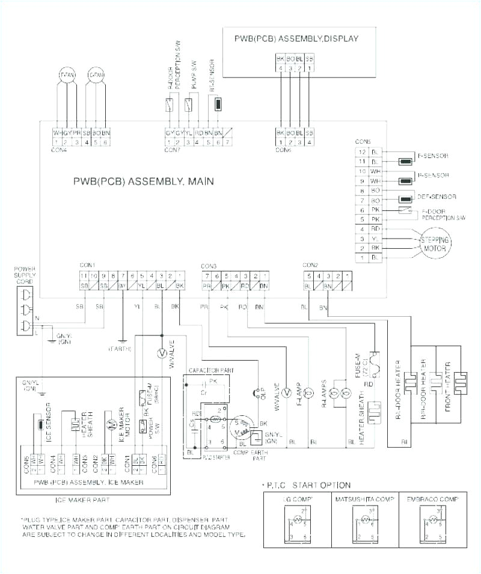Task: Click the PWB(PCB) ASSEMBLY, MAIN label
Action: [144, 180]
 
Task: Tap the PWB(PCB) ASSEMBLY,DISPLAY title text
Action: [296, 39]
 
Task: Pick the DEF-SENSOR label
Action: [440, 197]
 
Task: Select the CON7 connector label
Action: [173, 150]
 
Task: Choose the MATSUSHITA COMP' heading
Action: [364, 499]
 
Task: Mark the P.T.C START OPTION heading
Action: [308, 484]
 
